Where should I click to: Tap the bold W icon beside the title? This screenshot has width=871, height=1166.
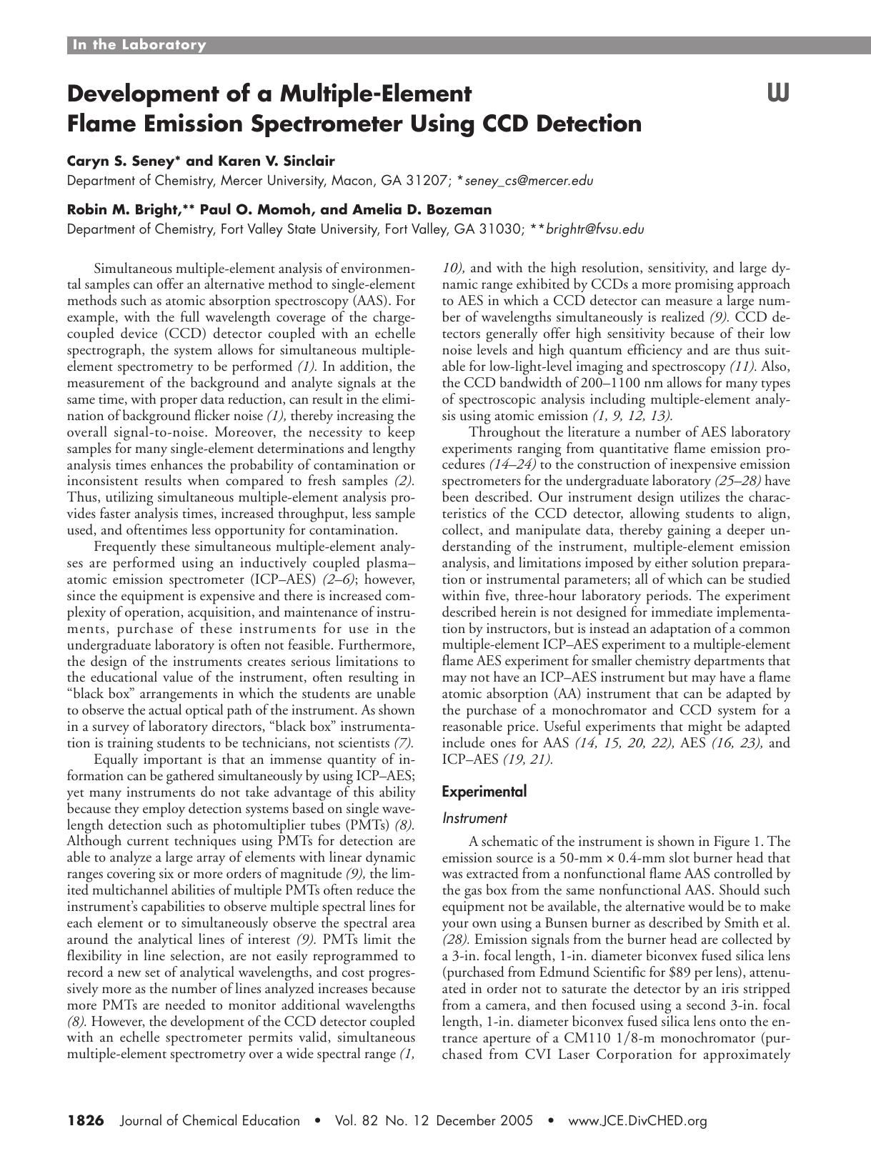click(778, 93)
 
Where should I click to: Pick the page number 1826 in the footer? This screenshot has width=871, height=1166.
click(86, 1120)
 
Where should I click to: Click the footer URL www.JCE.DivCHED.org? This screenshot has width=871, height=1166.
click(637, 1120)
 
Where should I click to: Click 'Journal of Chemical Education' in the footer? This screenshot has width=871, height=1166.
click(211, 1120)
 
